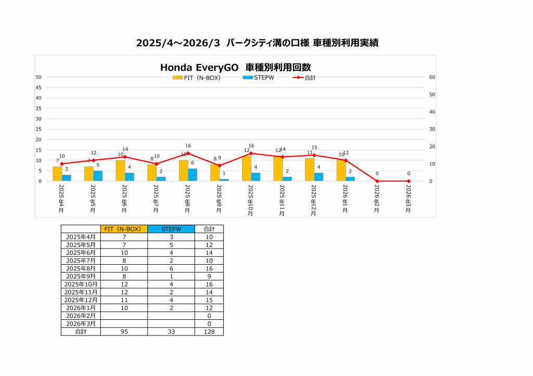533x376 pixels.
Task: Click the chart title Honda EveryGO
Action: (235, 68)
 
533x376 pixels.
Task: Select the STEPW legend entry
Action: (258, 77)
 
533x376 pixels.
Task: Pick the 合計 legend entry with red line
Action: (304, 78)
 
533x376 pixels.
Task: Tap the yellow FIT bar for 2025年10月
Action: (247, 168)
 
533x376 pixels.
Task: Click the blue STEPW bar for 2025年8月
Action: (193, 175)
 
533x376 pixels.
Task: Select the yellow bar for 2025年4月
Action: (57, 174)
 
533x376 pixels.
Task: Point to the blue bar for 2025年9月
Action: (224, 180)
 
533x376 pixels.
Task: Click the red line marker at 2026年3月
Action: (409, 181)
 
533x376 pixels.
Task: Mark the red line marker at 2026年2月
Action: (377, 181)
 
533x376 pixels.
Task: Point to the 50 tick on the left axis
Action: (39, 77)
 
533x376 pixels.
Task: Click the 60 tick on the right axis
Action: (432, 77)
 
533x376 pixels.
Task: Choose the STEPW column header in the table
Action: (171, 229)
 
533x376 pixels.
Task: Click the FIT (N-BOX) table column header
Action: (124, 229)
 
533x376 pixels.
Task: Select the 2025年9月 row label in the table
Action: (81, 276)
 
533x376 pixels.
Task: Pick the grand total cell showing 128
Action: (209, 331)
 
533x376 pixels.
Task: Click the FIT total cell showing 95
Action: (124, 331)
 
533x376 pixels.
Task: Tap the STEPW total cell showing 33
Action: (171, 331)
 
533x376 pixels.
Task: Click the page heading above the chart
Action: (257, 43)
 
